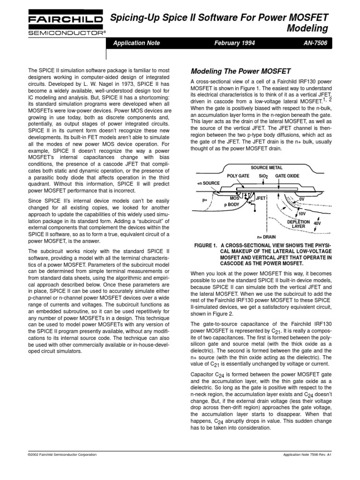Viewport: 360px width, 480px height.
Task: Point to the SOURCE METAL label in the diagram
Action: coord(267,167)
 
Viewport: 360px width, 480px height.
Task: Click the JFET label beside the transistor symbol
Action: coord(261,198)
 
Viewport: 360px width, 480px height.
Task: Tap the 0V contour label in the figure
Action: coord(301,199)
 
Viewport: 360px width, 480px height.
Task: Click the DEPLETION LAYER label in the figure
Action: coord(299,224)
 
